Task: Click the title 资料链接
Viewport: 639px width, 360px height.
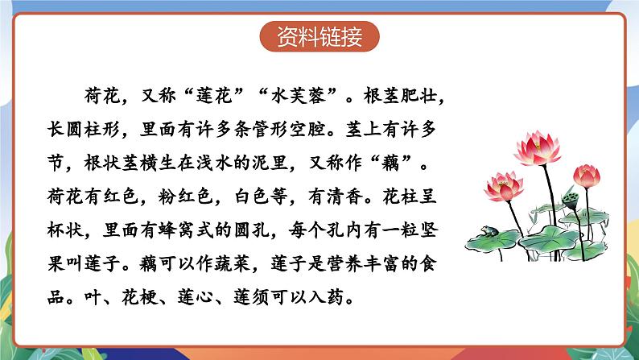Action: pos(319,38)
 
